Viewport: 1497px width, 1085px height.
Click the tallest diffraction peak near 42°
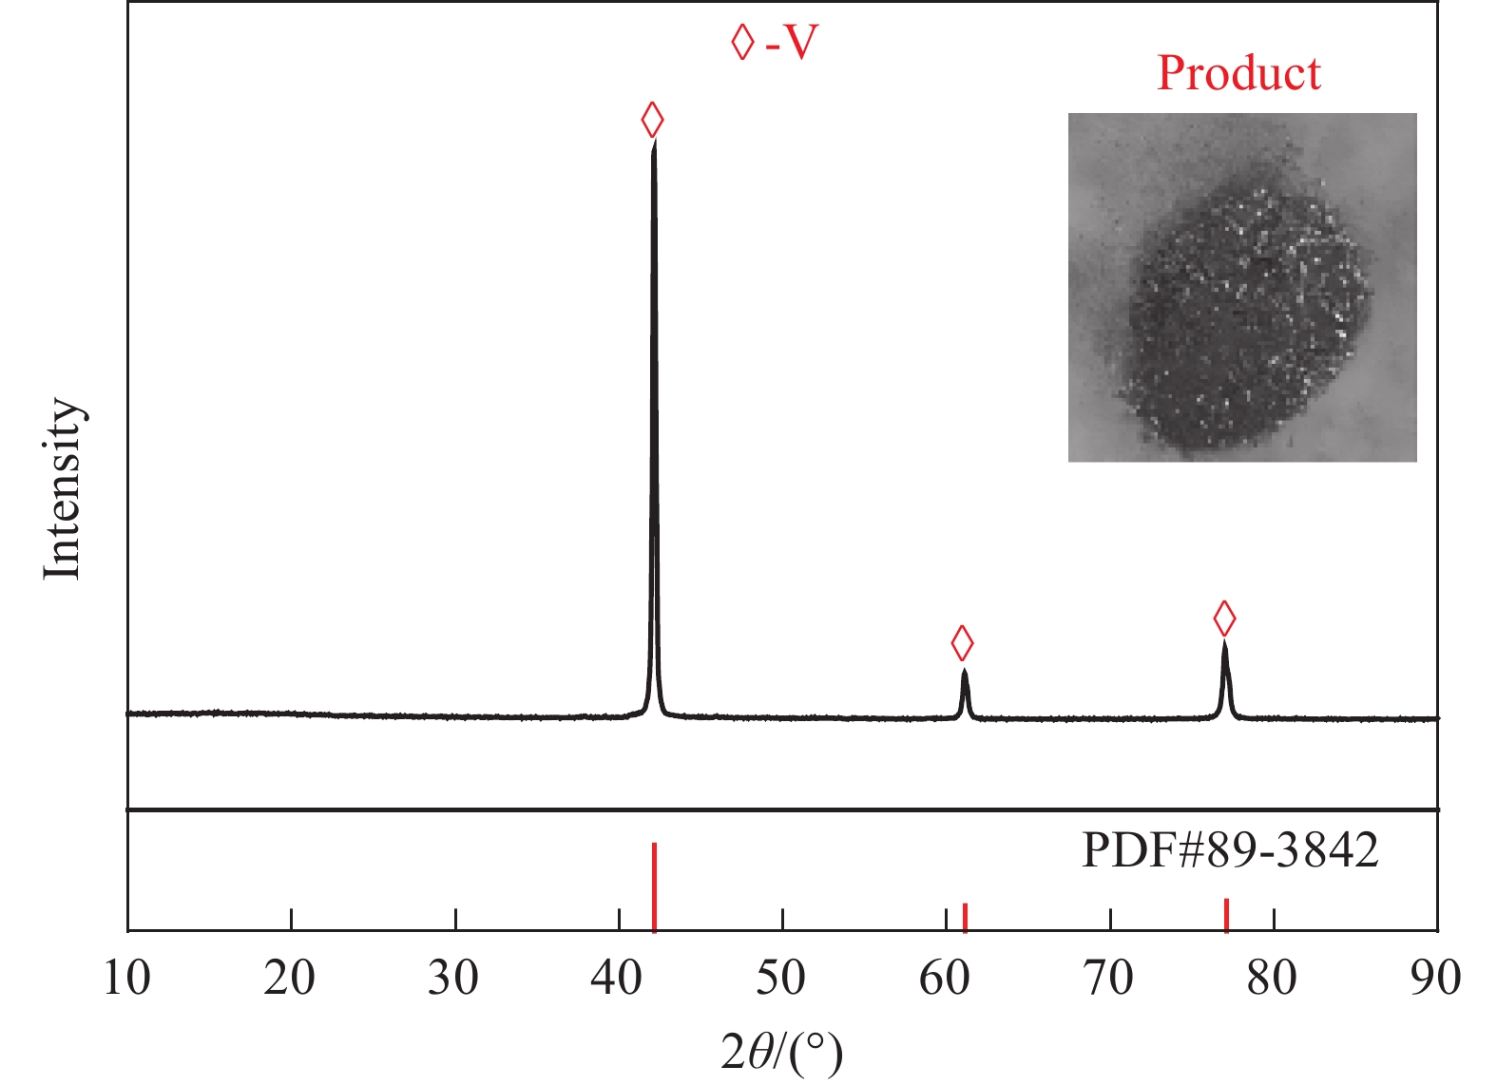(654, 152)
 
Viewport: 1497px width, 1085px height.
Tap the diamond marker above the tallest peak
(652, 120)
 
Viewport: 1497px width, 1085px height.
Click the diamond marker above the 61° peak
(962, 643)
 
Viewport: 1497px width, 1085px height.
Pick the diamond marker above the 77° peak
(1224, 619)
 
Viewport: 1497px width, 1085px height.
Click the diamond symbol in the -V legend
(742, 42)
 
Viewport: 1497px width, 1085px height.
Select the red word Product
(1238, 73)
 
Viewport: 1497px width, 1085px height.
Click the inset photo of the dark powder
(1242, 287)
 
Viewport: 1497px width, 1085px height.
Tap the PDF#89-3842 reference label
(1230, 849)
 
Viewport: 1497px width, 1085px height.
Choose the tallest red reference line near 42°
(655, 886)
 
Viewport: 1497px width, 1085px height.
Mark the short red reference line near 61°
(965, 917)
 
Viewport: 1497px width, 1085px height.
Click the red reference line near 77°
(1226, 914)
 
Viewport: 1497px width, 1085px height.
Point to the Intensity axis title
(63, 488)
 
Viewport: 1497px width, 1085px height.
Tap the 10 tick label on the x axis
(127, 977)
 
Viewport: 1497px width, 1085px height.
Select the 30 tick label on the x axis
(454, 977)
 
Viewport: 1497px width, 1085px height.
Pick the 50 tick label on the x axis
(781, 977)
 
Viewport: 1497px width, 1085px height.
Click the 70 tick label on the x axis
(1109, 977)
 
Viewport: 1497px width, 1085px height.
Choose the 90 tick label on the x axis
(1435, 977)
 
